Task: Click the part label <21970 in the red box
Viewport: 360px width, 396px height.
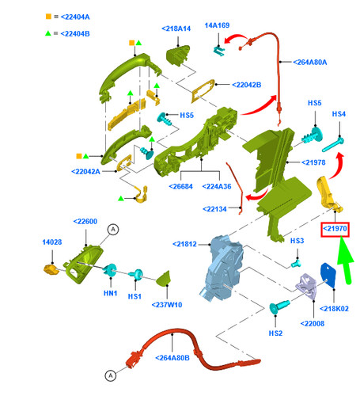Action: (335, 229)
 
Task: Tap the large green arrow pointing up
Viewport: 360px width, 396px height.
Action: (346, 260)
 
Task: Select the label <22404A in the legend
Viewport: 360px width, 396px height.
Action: (75, 17)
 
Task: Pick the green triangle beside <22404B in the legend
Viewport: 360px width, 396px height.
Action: (48, 33)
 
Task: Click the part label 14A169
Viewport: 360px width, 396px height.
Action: (217, 25)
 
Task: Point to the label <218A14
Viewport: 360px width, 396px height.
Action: (176, 29)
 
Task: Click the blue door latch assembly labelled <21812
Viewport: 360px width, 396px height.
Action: (222, 268)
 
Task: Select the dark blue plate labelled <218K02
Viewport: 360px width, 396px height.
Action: (328, 275)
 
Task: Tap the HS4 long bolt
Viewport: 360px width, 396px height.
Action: (333, 144)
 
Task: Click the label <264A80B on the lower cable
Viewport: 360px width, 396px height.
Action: (172, 358)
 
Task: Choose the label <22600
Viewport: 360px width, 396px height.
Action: (85, 221)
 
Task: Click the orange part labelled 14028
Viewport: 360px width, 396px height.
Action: (51, 270)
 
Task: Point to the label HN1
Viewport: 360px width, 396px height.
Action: (111, 293)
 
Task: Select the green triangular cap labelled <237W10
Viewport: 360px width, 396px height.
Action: (164, 279)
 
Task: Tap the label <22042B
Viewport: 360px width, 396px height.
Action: (247, 85)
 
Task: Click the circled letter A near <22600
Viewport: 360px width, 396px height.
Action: (113, 229)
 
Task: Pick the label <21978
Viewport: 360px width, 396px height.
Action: (313, 162)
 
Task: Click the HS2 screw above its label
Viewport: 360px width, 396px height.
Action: (279, 307)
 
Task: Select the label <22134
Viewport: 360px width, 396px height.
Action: (214, 209)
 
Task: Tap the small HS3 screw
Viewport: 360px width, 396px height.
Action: (296, 263)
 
